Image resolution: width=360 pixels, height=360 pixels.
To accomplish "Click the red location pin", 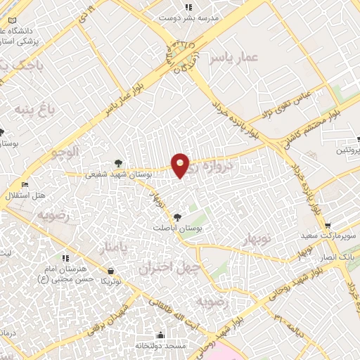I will [x=181, y=165].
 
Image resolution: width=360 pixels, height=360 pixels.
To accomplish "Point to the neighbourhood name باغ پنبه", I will [x=32, y=110].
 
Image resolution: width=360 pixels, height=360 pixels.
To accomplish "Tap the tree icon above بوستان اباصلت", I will [x=176, y=217].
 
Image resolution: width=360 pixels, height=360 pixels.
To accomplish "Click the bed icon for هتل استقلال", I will [x=26, y=184].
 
